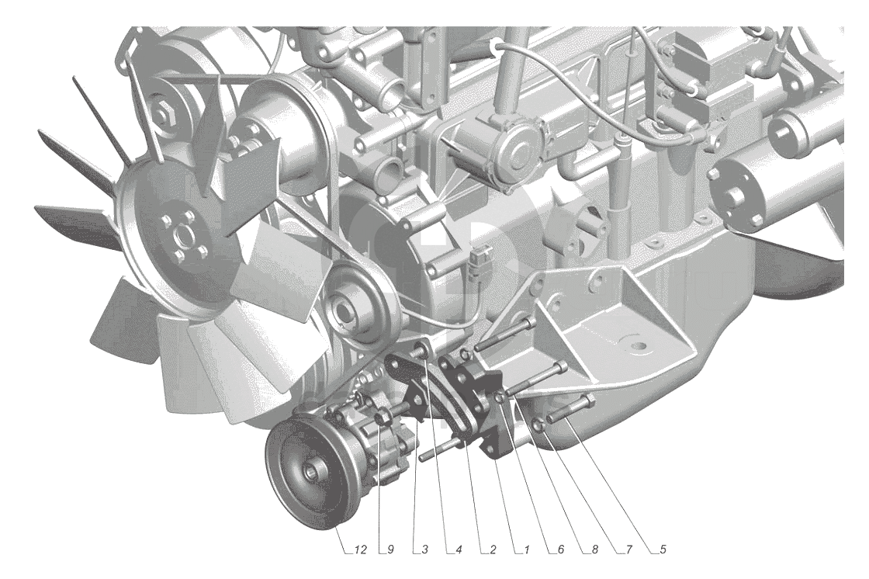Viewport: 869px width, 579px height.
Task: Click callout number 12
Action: pyautogui.click(x=360, y=550)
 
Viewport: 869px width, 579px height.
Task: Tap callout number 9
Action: pyautogui.click(x=390, y=550)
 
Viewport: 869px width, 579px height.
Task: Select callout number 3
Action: pyautogui.click(x=424, y=550)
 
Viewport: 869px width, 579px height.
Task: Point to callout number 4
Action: pyautogui.click(x=459, y=550)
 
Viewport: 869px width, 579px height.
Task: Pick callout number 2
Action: pyautogui.click(x=493, y=550)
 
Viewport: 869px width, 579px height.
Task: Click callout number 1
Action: pyautogui.click(x=527, y=550)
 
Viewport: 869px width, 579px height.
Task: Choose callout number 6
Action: pyautogui.click(x=561, y=550)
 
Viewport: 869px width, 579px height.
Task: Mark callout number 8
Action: pyautogui.click(x=594, y=550)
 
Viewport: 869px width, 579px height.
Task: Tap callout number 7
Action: pyautogui.click(x=629, y=550)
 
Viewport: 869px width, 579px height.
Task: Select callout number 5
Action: pyautogui.click(x=663, y=550)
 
